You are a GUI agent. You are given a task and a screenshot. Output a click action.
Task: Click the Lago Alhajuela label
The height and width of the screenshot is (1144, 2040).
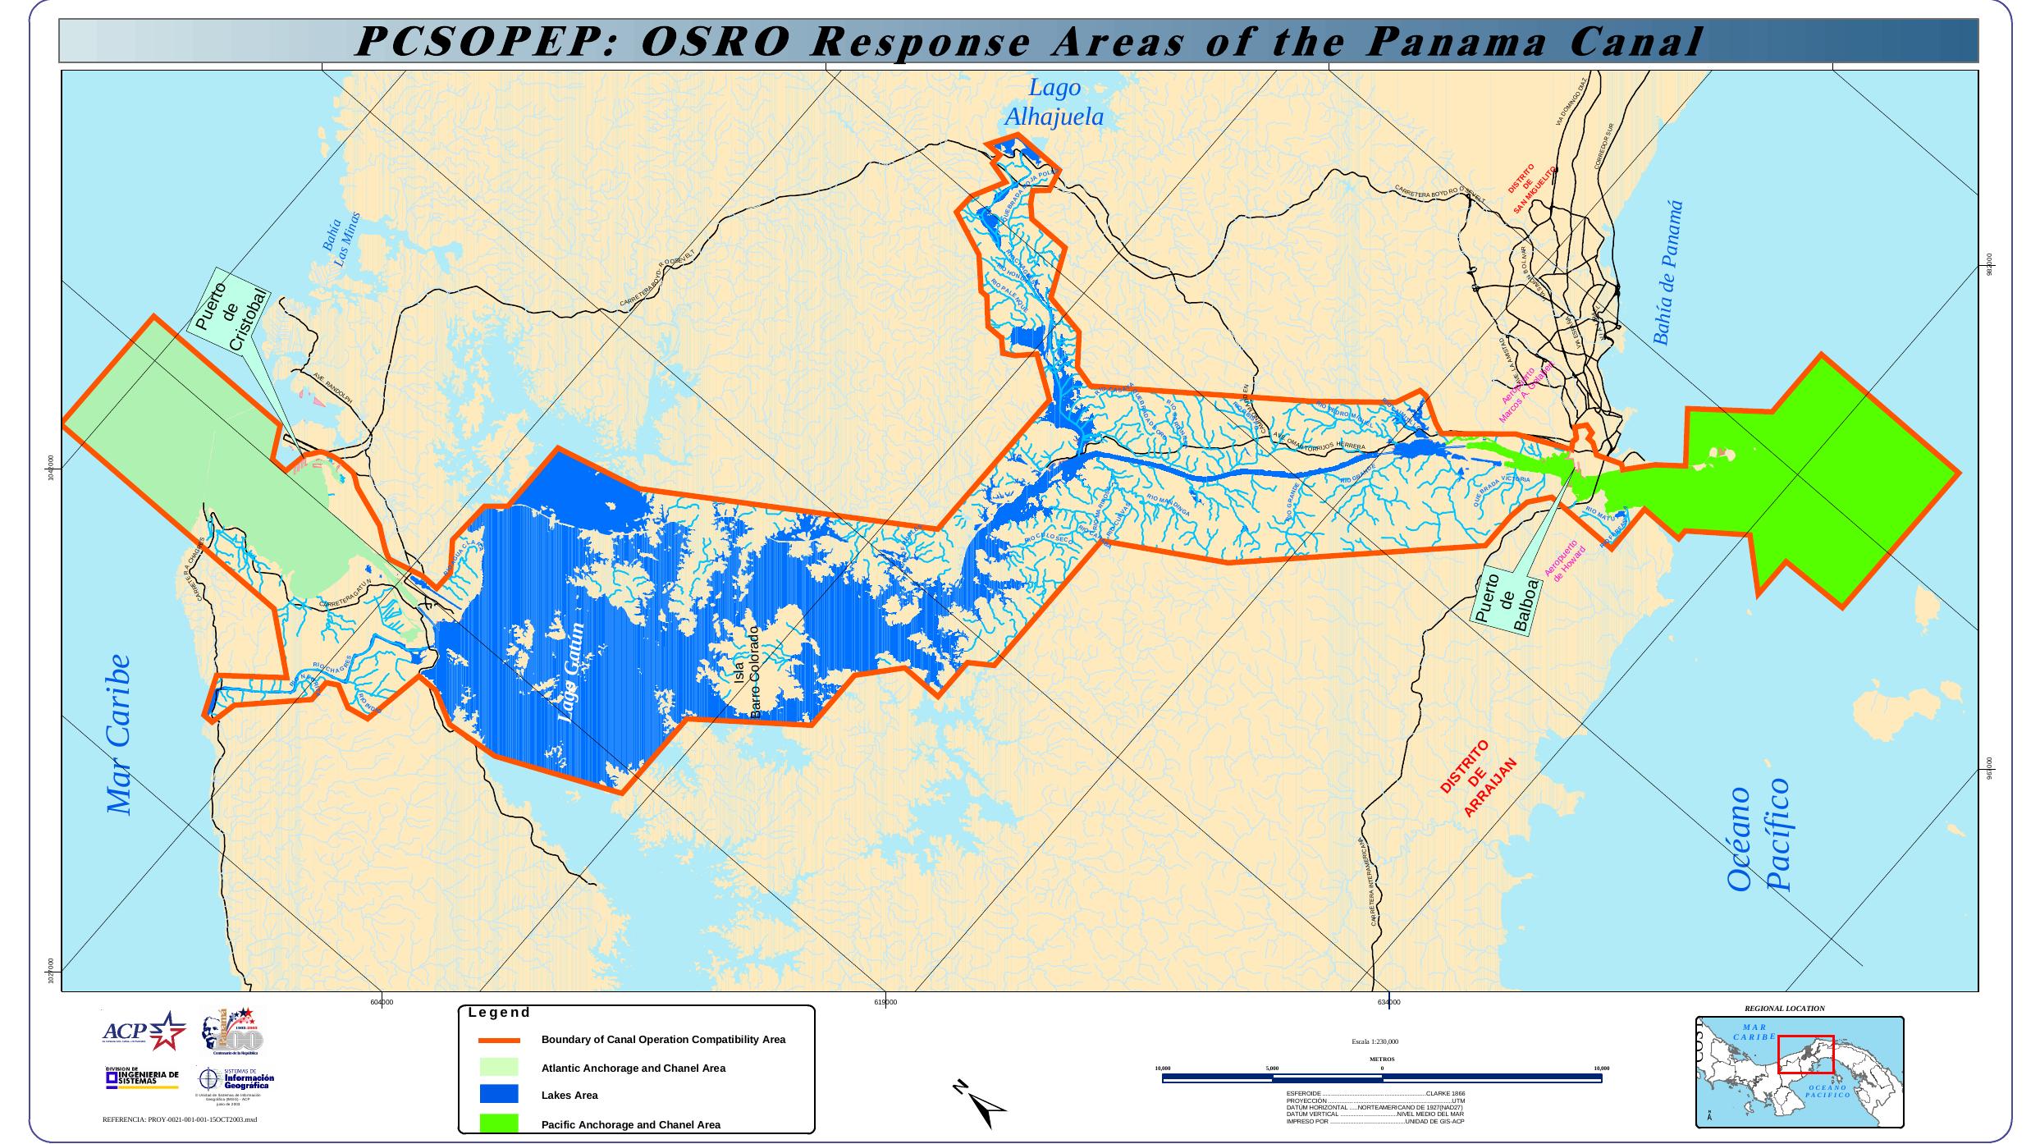tap(1054, 103)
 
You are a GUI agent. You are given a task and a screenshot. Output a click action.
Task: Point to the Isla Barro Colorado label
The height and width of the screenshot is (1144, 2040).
tap(748, 672)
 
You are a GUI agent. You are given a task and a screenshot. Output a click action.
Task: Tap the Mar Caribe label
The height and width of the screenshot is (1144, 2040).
tap(121, 734)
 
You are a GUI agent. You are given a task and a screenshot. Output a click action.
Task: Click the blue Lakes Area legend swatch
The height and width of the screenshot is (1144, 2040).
tap(499, 1094)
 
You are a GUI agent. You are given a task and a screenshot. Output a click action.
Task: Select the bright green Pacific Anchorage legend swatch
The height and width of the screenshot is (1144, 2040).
tap(499, 1123)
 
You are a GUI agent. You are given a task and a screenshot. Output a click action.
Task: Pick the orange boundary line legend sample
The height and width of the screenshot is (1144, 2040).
tap(499, 1040)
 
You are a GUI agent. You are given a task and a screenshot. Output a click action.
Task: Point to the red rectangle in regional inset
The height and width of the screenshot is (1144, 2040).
tap(1805, 1054)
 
